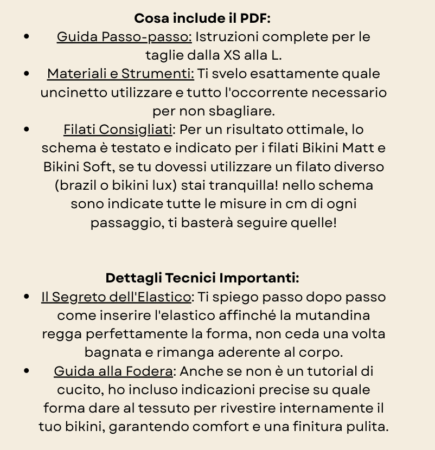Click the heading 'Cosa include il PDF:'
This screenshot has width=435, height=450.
(x=202, y=18)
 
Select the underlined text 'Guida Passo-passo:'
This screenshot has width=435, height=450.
(x=124, y=37)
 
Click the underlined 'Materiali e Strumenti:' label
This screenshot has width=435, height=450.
(x=120, y=74)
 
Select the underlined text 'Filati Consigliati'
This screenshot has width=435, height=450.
(x=118, y=130)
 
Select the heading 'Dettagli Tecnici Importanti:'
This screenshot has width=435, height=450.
(x=202, y=278)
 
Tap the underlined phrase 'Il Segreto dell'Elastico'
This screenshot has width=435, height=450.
(x=116, y=297)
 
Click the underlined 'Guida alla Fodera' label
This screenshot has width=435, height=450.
(x=113, y=371)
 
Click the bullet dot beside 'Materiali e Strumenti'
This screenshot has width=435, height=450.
(x=27, y=74)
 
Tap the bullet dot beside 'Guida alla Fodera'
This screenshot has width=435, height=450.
(x=27, y=371)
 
